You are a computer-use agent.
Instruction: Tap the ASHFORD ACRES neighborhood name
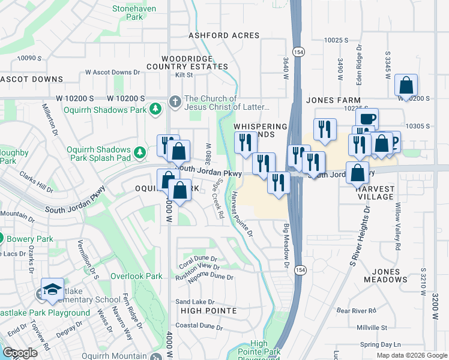[224, 35]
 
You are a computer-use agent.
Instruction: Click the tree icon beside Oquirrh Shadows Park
[155, 109]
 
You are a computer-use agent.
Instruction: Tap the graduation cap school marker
[52, 289]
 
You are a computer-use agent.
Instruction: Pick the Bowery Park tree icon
[1, 239]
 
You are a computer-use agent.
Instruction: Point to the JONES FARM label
[333, 100]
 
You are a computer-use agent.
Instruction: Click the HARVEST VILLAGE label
[369, 193]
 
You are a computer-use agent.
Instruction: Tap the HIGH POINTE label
[206, 311]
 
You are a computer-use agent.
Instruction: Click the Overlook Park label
[136, 277]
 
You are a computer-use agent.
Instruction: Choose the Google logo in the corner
[20, 353]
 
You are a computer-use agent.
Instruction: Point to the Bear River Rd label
[356, 311]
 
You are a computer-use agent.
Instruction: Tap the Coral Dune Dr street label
[198, 260]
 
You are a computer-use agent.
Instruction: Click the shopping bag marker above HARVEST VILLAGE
[358, 173]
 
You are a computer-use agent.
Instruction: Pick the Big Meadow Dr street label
[286, 247]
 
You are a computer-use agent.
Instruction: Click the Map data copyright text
[412, 355]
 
